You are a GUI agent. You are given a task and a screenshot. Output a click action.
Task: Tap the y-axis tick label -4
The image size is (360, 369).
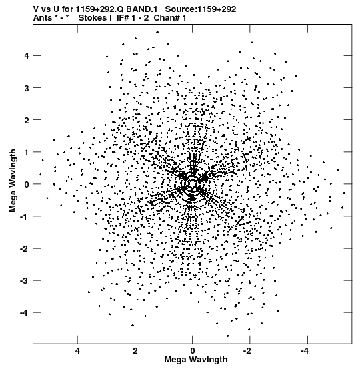[24, 313]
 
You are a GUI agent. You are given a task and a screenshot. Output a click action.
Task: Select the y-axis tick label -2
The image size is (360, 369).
[24, 248]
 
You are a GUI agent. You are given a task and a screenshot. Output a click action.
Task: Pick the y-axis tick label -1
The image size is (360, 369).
[24, 216]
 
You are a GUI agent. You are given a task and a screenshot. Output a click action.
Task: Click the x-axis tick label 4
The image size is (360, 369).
[77, 351]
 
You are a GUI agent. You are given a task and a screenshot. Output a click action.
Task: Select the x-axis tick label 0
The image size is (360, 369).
[193, 351]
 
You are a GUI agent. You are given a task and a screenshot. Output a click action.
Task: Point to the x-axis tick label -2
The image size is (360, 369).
[248, 351]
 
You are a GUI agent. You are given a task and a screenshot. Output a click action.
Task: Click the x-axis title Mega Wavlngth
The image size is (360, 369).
[196, 360]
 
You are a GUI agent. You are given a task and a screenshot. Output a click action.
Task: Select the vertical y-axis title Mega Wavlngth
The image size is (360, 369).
[13, 180]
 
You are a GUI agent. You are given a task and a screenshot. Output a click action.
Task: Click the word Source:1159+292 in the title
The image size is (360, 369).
[201, 9]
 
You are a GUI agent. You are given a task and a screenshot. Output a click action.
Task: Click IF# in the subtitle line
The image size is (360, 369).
[123, 18]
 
